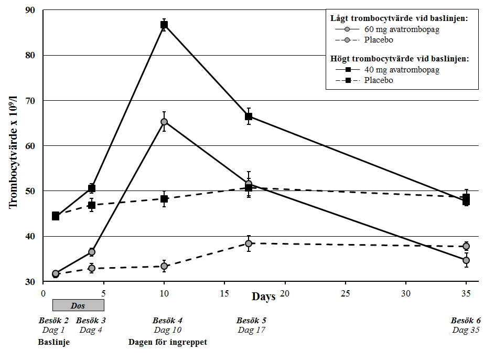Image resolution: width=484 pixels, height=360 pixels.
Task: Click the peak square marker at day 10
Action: (x=164, y=25)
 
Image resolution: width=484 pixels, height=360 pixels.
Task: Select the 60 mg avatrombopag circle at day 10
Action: (x=164, y=122)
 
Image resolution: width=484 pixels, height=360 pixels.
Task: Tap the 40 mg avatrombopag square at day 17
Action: (x=249, y=116)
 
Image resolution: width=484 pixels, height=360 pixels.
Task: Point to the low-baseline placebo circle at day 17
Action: (x=249, y=243)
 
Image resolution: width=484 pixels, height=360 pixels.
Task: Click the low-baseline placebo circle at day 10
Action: (x=164, y=267)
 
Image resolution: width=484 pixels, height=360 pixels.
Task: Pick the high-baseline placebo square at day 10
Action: (x=164, y=199)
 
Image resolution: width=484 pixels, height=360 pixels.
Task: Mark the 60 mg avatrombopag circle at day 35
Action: (x=466, y=260)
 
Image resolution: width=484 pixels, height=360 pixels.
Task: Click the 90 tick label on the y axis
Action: (x=30, y=10)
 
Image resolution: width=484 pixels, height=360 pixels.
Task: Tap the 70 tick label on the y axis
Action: (x=30, y=100)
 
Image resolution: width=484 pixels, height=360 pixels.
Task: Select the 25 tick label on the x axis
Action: (x=346, y=292)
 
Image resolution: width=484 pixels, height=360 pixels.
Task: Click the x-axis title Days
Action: (x=263, y=297)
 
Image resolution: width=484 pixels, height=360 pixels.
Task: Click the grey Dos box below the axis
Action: (x=78, y=305)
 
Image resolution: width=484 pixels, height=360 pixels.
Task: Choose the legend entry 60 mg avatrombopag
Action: (x=402, y=29)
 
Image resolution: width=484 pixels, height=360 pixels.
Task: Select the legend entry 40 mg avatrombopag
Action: (x=402, y=70)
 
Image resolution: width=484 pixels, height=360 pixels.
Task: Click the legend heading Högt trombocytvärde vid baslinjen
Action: (x=399, y=59)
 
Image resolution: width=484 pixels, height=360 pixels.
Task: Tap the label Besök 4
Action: (x=168, y=320)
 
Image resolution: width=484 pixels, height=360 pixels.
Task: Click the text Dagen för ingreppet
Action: (x=168, y=343)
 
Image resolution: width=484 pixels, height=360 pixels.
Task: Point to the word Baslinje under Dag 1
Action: (x=54, y=343)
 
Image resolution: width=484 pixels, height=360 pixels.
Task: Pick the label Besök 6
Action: (x=466, y=320)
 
